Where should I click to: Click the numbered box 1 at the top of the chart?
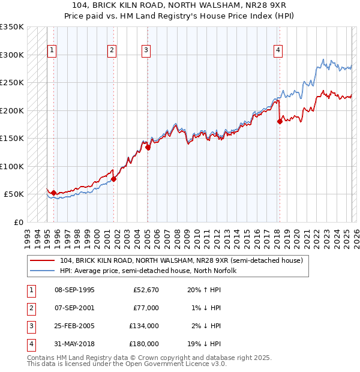pos(52,51)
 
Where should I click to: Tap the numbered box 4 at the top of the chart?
pos(278,51)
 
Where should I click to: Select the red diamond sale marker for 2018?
pos(280,121)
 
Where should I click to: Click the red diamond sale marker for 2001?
pos(113,179)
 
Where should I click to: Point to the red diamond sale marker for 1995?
pos(53,193)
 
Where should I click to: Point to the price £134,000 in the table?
pos(144,326)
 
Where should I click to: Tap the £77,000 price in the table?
pos(146,308)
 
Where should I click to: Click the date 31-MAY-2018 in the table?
pos(74,344)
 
